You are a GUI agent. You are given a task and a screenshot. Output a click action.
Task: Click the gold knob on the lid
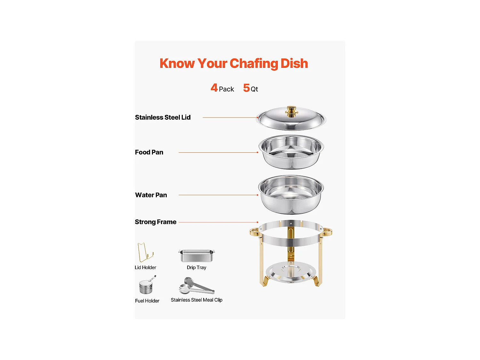point(292,111)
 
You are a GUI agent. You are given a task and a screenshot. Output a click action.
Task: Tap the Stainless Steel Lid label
point(163,117)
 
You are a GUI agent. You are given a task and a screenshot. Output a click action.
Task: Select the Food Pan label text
point(149,152)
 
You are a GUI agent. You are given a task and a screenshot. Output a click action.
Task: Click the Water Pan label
point(151,195)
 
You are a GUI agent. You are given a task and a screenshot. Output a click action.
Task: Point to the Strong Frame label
point(156,222)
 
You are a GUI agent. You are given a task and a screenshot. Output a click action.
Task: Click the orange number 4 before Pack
point(214,88)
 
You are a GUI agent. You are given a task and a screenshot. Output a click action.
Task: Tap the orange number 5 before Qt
point(246,88)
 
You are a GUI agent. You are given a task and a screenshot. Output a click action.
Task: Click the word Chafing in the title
point(254,64)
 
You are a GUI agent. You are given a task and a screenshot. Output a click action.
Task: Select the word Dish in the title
point(294,63)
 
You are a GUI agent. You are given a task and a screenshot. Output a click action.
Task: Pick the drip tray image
point(196,255)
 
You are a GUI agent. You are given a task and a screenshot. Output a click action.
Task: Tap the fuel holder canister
point(146,287)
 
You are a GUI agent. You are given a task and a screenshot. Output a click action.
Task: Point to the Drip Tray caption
point(196,268)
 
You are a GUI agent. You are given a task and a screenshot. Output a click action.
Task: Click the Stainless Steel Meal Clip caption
point(196,300)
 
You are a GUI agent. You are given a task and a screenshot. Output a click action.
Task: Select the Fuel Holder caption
point(147,301)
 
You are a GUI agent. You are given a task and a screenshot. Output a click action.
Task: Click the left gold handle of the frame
point(254,232)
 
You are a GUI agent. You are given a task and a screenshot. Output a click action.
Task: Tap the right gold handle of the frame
point(328,232)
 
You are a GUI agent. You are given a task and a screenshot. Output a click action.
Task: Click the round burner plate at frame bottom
point(291,272)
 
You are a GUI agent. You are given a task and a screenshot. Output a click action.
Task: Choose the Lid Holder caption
point(145,268)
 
